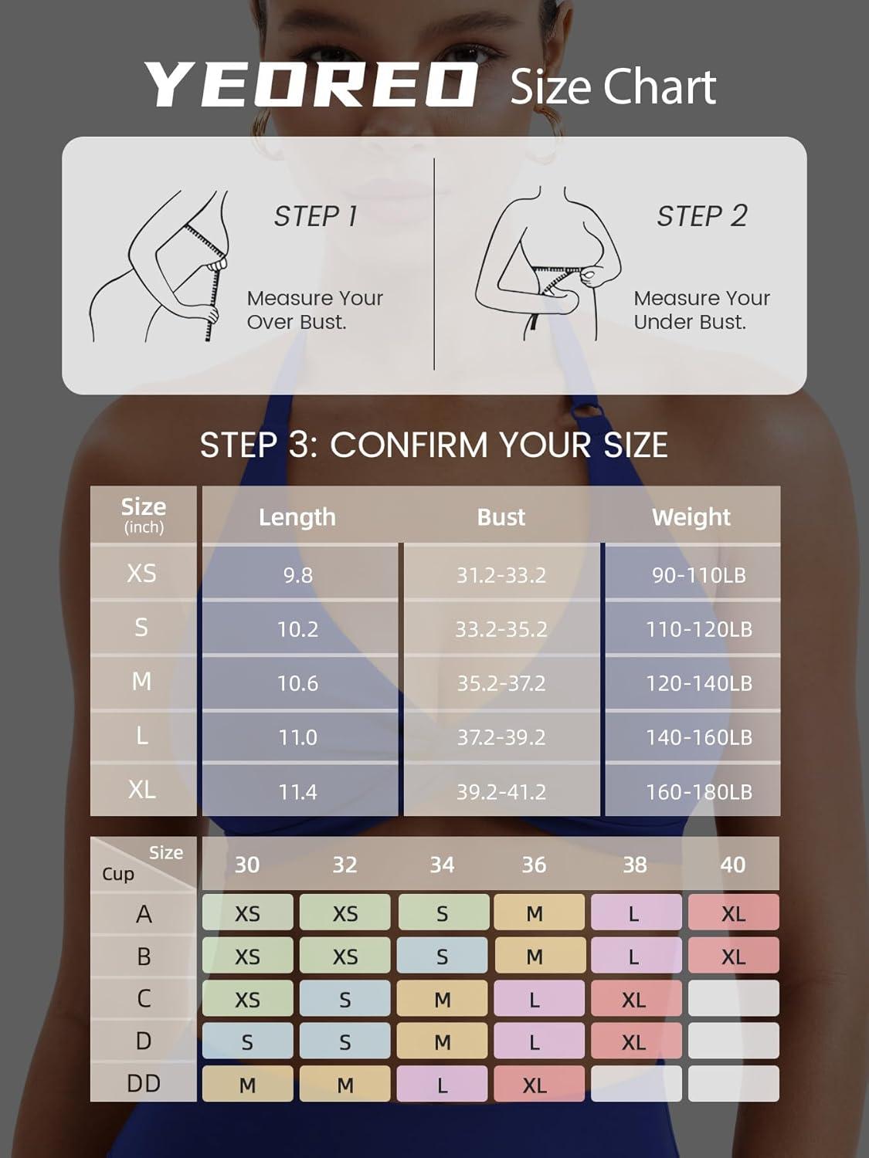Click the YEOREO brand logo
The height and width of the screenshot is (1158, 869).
[311, 85]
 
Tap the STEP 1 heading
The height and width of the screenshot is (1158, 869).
[315, 216]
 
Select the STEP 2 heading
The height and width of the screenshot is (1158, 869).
[701, 216]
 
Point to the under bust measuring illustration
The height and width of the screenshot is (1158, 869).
[548, 264]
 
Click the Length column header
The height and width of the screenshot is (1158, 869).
[297, 517]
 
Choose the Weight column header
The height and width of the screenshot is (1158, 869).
[691, 517]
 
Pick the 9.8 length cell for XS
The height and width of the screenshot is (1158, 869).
[298, 575]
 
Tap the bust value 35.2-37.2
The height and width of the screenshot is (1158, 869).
[501, 684]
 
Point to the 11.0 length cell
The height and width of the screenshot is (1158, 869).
[298, 737]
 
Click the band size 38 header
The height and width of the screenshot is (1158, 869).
[635, 865]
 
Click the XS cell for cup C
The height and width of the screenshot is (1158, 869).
[247, 998]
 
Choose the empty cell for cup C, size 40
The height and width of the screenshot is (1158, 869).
[733, 998]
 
